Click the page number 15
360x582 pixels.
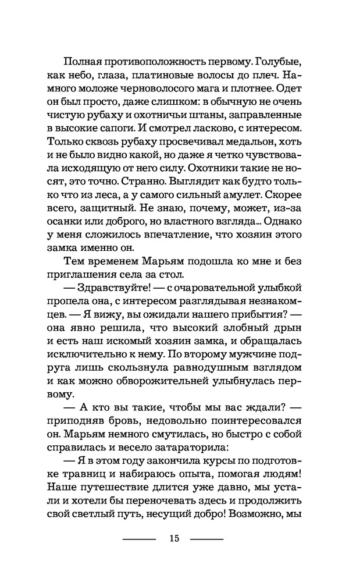pyautogui.click(x=174, y=538)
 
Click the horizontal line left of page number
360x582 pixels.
pyautogui.click(x=140, y=539)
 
